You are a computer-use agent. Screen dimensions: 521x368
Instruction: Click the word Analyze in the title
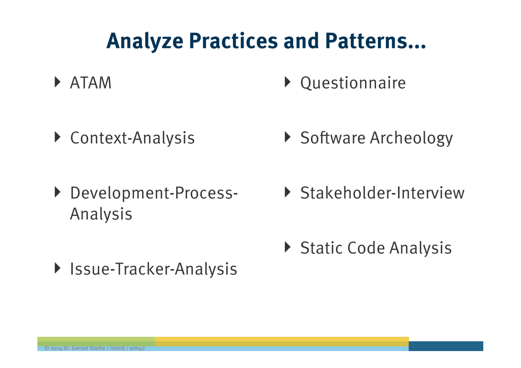point(145,42)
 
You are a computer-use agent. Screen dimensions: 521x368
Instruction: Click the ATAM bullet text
point(91,83)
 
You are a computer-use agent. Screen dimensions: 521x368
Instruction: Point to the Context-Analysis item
point(132,138)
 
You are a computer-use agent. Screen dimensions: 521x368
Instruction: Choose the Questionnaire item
point(353,83)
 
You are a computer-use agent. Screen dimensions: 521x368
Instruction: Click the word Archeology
point(411,138)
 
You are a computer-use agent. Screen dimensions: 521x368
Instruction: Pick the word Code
point(366,248)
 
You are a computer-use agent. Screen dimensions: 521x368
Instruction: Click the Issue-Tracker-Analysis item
point(153,269)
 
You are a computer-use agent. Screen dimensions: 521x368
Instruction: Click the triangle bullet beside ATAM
point(57,82)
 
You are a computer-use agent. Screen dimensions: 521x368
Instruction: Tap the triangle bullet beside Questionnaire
point(288,82)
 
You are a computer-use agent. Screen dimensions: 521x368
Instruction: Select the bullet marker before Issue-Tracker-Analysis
point(57,268)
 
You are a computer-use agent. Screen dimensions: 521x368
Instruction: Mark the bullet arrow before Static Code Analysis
point(288,247)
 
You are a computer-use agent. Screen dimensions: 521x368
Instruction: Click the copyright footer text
point(95,348)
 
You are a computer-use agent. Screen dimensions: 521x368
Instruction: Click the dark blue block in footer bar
point(446,346)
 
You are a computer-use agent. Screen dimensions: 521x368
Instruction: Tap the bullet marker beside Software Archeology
point(288,137)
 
